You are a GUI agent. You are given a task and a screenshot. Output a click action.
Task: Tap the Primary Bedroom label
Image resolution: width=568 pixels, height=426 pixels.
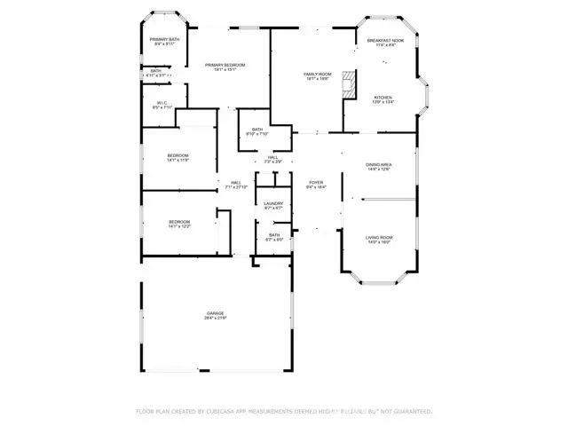(225, 65)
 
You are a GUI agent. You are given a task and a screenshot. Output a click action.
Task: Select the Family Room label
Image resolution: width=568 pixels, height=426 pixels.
(317, 74)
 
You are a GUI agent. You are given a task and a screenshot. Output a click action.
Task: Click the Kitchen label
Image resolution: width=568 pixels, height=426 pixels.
(383, 98)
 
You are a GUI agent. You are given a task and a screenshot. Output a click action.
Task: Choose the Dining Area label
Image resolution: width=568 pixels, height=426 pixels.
(379, 164)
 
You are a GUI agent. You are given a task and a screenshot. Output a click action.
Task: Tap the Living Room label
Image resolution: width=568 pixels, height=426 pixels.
(379, 237)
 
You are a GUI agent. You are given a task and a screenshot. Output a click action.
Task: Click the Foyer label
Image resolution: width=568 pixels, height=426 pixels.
(316, 182)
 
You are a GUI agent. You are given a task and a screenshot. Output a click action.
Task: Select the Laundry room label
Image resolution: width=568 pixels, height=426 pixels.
(273, 203)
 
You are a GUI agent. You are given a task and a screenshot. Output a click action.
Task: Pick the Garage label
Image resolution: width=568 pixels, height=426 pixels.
(216, 312)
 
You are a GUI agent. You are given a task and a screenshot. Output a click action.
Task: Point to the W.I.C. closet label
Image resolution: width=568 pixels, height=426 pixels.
(162, 102)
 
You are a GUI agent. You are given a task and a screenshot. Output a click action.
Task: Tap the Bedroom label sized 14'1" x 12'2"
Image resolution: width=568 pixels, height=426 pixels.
(179, 221)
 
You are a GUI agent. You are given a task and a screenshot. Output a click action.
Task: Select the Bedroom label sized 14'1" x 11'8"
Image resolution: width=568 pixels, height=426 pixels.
(178, 156)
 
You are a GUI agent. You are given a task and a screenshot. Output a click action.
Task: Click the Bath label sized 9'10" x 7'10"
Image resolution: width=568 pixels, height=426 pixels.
(256, 130)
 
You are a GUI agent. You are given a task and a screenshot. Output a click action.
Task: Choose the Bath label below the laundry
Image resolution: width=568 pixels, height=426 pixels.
(274, 235)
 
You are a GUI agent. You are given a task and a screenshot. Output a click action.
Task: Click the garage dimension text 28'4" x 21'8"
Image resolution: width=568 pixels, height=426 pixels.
(216, 318)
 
